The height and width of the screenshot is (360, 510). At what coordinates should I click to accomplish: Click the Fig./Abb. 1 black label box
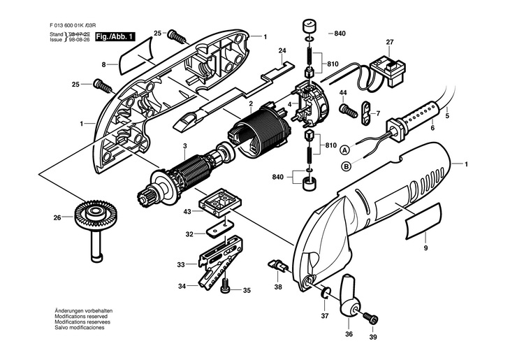click(x=115, y=37)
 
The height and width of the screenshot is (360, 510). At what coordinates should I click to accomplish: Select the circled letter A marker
click(x=344, y=150)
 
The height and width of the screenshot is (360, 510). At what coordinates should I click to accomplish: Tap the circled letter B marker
click(x=347, y=166)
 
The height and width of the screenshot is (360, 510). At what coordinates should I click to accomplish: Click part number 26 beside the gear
click(x=57, y=218)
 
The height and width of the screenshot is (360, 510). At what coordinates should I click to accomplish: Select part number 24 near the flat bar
click(x=282, y=50)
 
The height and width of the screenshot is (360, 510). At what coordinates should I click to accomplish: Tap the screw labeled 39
click(x=371, y=317)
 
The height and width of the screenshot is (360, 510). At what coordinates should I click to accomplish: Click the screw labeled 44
click(x=348, y=111)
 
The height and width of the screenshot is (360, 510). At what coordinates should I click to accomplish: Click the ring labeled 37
click(x=326, y=293)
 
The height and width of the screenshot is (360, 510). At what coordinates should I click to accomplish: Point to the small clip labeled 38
click(x=277, y=265)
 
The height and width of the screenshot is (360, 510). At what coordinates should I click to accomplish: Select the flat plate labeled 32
click(x=220, y=229)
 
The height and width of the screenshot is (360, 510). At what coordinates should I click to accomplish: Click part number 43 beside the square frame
click(x=187, y=212)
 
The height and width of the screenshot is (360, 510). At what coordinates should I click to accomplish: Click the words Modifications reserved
click(x=81, y=317)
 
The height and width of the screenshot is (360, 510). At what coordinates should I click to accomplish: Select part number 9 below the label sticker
click(x=425, y=248)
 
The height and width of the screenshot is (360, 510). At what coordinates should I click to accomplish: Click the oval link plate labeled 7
click(x=365, y=113)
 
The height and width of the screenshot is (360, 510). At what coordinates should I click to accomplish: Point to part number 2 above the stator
click(x=251, y=104)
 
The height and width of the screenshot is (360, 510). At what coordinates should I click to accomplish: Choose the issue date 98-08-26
click(x=80, y=40)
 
